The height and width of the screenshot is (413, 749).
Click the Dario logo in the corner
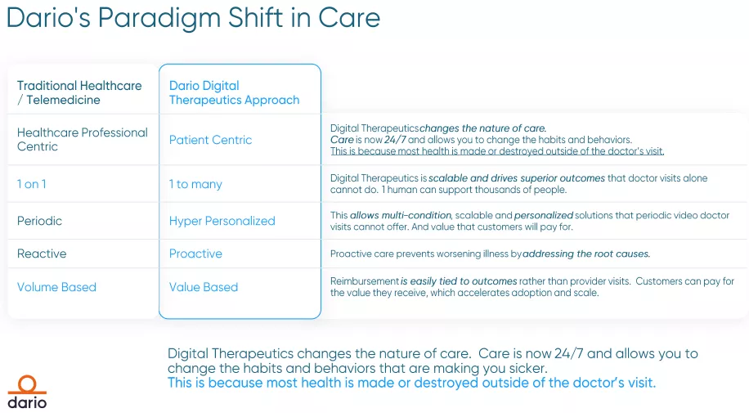click(x=27, y=393)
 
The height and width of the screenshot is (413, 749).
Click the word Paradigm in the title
click(x=159, y=19)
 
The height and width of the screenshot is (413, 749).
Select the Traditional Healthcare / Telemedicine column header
click(x=79, y=92)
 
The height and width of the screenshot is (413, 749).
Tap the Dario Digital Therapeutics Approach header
click(x=234, y=92)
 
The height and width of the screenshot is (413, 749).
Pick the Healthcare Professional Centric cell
click(x=83, y=140)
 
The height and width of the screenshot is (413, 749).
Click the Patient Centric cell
click(x=210, y=140)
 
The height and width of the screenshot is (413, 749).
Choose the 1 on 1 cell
click(x=32, y=184)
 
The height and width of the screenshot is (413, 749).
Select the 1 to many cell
click(x=195, y=185)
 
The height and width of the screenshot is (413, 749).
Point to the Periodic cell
click(x=39, y=221)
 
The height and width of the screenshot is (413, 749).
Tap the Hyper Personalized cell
click(x=222, y=222)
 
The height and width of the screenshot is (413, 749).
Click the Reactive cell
click(x=42, y=254)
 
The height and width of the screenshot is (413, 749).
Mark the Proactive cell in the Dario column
click(x=195, y=254)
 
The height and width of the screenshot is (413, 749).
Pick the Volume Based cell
click(x=56, y=287)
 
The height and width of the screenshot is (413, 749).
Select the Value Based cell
click(x=204, y=287)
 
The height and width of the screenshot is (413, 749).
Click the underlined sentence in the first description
click(x=497, y=151)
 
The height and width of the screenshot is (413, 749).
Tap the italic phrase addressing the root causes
click(x=586, y=254)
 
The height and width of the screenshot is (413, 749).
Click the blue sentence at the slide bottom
click(x=411, y=383)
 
